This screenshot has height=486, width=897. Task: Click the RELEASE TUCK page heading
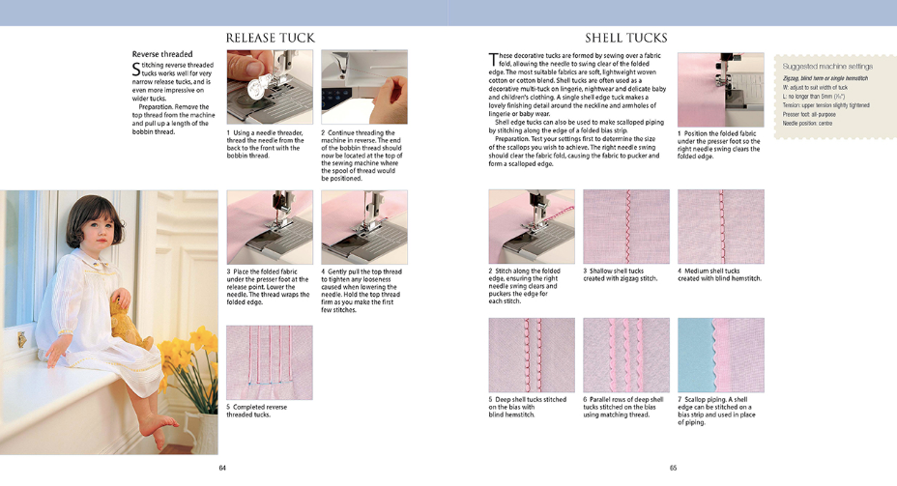click(270, 38)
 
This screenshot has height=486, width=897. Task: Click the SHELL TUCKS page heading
click(626, 38)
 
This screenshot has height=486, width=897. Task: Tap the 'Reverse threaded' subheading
click(162, 54)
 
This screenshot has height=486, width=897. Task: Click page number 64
click(221, 468)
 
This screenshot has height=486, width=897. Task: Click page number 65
click(673, 468)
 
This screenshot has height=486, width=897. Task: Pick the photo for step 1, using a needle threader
click(270, 87)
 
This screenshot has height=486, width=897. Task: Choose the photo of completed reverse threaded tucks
click(270, 362)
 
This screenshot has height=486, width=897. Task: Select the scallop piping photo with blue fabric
click(720, 354)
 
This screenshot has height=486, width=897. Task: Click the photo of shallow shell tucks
click(625, 226)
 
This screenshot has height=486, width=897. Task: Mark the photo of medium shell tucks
click(720, 226)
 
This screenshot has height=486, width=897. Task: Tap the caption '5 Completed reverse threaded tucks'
click(259, 411)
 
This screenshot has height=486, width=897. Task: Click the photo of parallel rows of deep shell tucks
click(625, 354)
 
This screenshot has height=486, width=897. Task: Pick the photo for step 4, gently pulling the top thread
click(363, 226)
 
